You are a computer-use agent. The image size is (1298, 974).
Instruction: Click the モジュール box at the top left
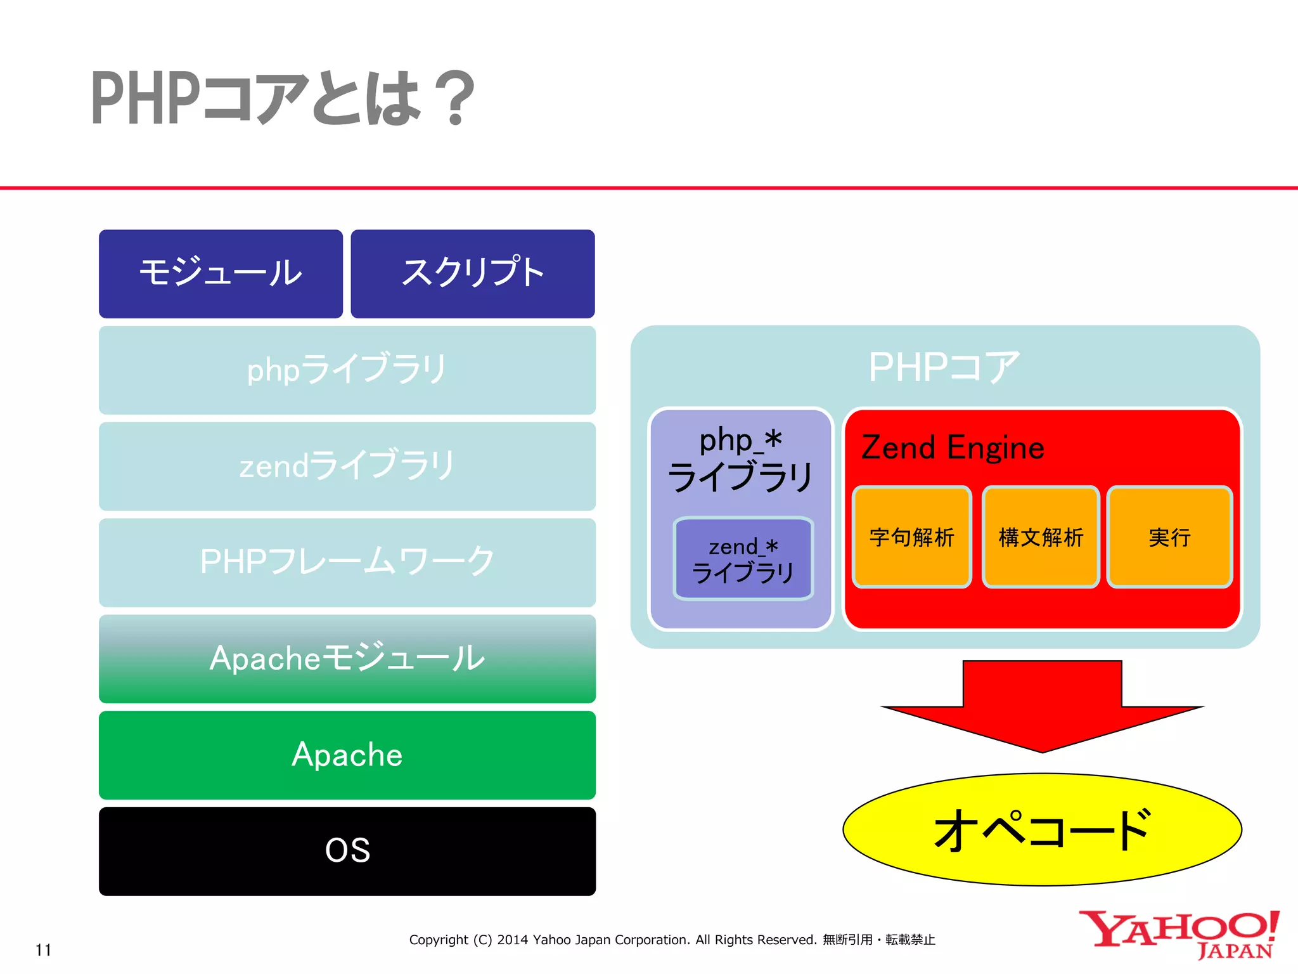point(221,273)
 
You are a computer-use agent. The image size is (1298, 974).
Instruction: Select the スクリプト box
point(472,273)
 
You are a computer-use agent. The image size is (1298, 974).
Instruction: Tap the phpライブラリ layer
point(347,370)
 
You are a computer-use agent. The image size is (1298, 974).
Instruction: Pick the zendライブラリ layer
point(347,466)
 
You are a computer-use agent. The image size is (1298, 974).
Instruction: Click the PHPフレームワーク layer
point(347,562)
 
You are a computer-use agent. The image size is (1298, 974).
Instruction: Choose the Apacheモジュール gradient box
point(347,658)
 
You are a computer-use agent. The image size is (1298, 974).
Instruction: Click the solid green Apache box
point(347,755)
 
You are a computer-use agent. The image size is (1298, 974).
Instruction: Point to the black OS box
point(347,851)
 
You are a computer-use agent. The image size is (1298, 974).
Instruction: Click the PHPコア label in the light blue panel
point(944,367)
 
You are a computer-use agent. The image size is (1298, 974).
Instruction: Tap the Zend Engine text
point(952,448)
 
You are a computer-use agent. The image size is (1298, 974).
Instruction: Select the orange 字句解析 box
point(911,537)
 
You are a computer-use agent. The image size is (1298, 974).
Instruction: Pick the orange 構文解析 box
point(1041,537)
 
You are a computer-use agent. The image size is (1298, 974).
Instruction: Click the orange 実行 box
point(1169,537)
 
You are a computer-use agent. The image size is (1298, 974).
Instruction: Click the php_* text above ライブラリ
point(740,441)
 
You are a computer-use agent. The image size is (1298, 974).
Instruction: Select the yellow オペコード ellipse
point(1042,829)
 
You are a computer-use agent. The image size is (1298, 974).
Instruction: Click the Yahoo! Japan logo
point(1179,933)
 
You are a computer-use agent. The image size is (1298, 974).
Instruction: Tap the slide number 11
point(43,950)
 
